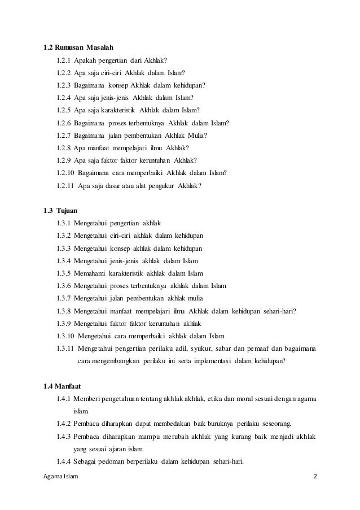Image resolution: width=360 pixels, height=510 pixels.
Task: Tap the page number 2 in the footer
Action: click(x=315, y=477)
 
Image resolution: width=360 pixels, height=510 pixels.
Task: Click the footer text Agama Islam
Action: click(x=61, y=477)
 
